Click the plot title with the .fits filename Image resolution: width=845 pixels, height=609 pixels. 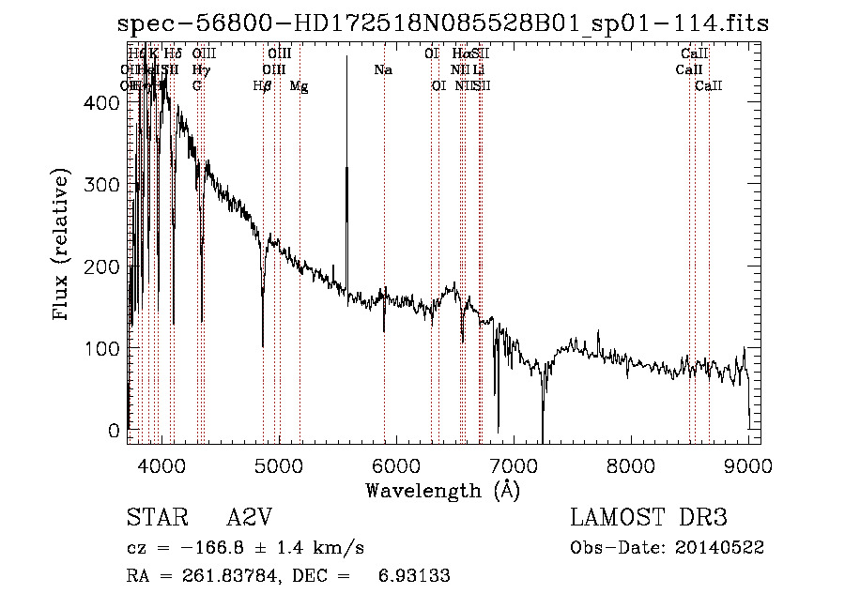443,23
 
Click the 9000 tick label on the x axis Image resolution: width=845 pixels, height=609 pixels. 748,464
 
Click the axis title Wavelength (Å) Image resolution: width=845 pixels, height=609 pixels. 442,490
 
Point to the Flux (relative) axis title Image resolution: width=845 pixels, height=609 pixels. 63,246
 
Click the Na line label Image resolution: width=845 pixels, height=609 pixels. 383,70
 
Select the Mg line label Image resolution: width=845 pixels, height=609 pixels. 299,86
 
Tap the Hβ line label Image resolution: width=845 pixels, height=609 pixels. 263,86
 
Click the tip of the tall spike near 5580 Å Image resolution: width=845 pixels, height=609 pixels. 347,57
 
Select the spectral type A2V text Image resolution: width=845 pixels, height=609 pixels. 249,518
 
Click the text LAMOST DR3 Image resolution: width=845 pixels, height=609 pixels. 649,518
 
